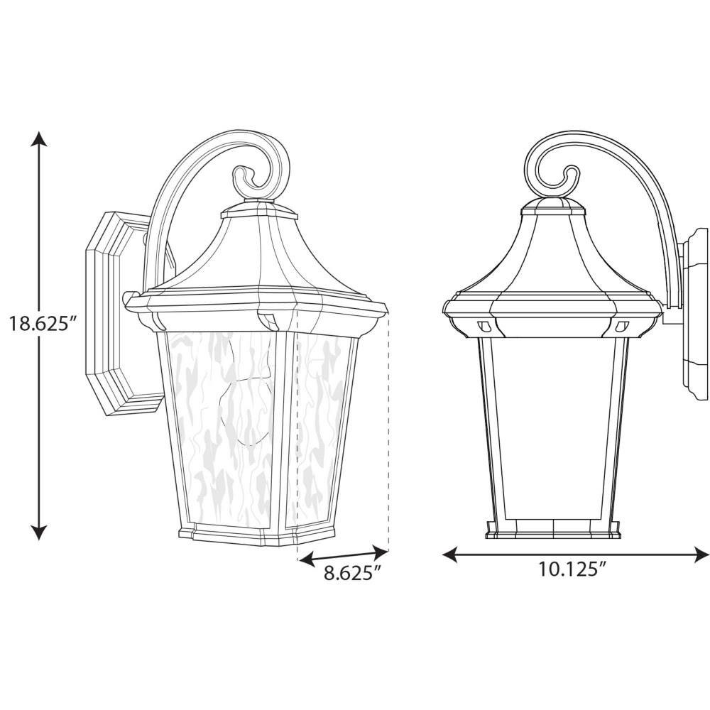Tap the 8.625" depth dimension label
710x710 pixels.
(x=351, y=573)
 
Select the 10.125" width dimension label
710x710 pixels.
(x=572, y=569)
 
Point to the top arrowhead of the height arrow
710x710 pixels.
(x=39, y=138)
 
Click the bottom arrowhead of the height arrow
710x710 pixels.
(x=39, y=532)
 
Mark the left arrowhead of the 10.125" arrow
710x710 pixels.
(x=449, y=555)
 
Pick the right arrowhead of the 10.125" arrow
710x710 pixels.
(x=701, y=555)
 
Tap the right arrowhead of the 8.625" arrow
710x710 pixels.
(x=381, y=551)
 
